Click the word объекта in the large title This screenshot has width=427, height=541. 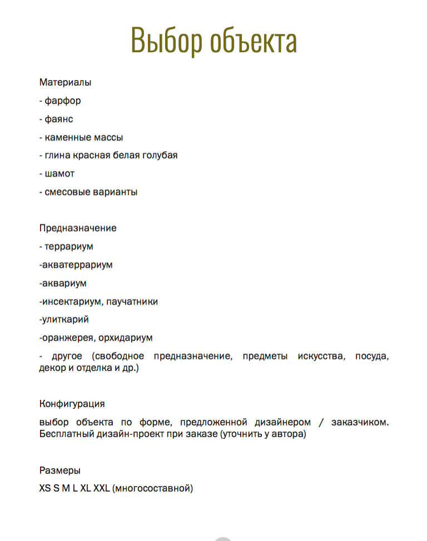[253, 40]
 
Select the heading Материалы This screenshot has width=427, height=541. [65, 83]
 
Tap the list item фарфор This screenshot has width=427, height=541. [63, 101]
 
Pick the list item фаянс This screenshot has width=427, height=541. [59, 119]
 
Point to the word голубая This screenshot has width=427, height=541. [159, 156]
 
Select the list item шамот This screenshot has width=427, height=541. [59, 174]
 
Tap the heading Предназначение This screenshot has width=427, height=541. [78, 228]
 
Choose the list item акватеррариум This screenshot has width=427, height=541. [77, 265]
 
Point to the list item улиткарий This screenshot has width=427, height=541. [66, 319]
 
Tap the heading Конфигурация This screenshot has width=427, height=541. [72, 404]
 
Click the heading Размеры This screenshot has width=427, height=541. [59, 470]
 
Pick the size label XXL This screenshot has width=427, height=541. [102, 489]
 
